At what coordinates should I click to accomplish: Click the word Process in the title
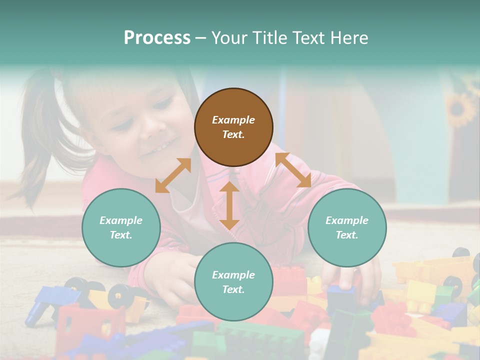[x=157, y=38]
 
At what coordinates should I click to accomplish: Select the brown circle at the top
[x=233, y=127]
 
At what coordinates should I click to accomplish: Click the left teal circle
[x=121, y=227]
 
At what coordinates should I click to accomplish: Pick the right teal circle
[x=347, y=227]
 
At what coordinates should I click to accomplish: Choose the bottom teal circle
[x=233, y=282]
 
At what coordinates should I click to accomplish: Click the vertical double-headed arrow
[x=229, y=205]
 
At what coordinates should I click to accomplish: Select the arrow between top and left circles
[x=173, y=175]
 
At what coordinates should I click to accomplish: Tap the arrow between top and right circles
[x=293, y=170]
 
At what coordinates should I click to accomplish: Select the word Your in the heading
[x=229, y=38]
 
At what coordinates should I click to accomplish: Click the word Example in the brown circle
[x=233, y=120]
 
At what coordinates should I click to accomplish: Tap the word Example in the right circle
[x=347, y=220]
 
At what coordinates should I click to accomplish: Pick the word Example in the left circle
[x=121, y=220]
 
